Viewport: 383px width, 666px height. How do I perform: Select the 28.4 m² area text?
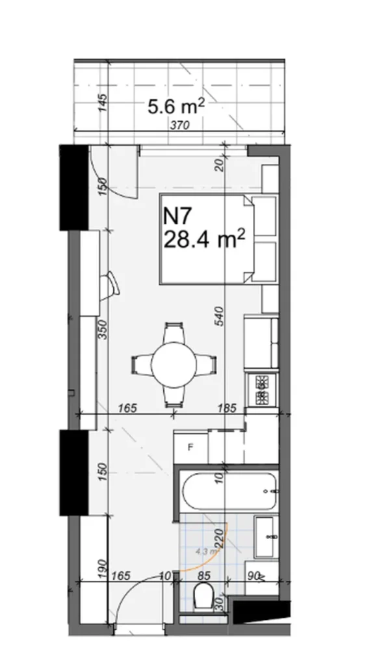tap(204, 240)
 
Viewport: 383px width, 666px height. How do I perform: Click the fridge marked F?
tap(191, 447)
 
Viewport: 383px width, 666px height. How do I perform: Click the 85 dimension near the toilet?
tap(204, 575)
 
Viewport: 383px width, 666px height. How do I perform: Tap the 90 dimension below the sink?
tap(254, 575)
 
